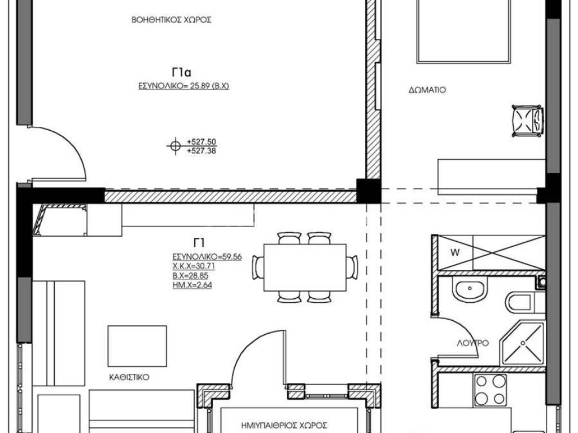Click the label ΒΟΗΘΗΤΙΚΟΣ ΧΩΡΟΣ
pyautogui.click(x=172, y=20)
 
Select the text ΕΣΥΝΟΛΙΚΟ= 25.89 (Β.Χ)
pyautogui.click(x=183, y=86)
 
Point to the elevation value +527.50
pyautogui.click(x=202, y=142)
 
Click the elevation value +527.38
pyautogui.click(x=202, y=151)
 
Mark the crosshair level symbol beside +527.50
pyautogui.click(x=176, y=146)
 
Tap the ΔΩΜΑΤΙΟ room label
pyautogui.click(x=427, y=90)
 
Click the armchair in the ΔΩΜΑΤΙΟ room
pyautogui.click(x=528, y=121)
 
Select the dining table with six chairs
pyautogui.click(x=305, y=267)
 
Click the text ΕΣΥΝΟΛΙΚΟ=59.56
pyautogui.click(x=207, y=257)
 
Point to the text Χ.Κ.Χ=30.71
pyautogui.click(x=194, y=266)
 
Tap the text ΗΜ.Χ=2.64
pyautogui.click(x=192, y=285)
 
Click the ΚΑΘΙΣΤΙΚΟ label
pyautogui.click(x=129, y=377)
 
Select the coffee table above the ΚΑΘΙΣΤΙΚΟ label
pyautogui.click(x=137, y=346)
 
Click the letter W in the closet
pyautogui.click(x=456, y=253)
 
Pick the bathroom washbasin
pyautogui.click(x=470, y=289)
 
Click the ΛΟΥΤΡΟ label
pyautogui.click(x=473, y=343)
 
